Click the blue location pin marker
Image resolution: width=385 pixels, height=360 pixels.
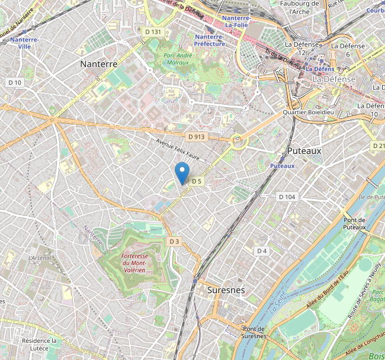click(x=182, y=172)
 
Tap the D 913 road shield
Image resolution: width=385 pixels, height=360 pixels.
click(x=196, y=137)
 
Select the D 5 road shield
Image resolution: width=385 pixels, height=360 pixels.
click(x=197, y=181)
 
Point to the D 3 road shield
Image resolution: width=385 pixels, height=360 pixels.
click(x=174, y=242)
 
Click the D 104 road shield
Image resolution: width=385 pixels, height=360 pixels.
click(x=287, y=197)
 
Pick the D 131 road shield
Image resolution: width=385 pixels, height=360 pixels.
click(x=152, y=31)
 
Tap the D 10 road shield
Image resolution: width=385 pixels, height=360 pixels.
click(x=15, y=82)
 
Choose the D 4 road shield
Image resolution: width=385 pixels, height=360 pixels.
click(x=262, y=251)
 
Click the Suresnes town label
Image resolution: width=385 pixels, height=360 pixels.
click(x=226, y=290)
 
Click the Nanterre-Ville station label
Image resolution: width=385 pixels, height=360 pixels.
click(x=24, y=43)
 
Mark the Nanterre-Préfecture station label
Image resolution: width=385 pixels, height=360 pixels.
click(x=210, y=40)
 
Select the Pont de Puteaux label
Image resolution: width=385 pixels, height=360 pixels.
click(x=354, y=223)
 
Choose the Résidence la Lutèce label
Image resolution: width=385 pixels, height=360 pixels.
click(x=39, y=345)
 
